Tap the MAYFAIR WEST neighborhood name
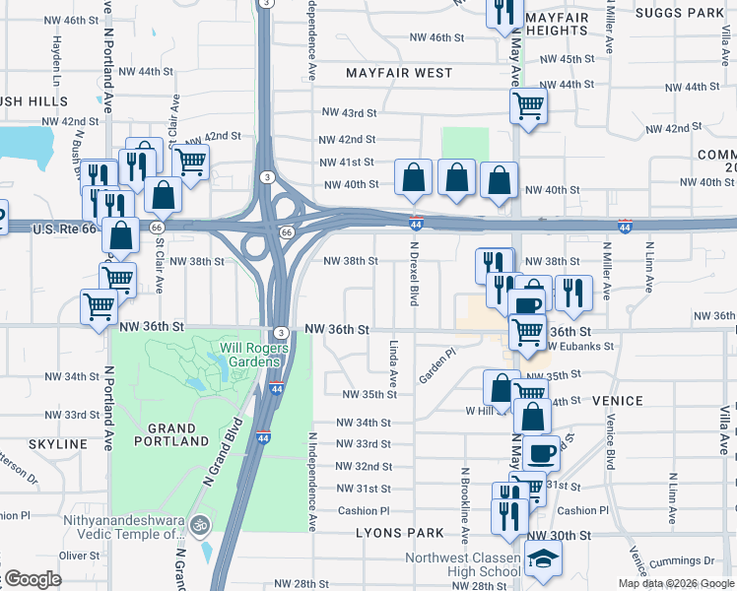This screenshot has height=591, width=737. coord(399,73)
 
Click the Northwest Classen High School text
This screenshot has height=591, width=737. coord(463,564)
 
